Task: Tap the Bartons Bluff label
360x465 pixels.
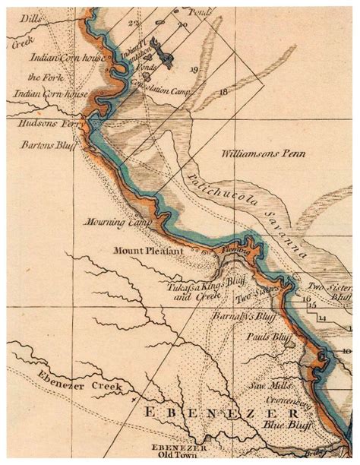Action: click(x=42, y=144)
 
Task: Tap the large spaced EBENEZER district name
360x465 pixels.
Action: click(x=201, y=415)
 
